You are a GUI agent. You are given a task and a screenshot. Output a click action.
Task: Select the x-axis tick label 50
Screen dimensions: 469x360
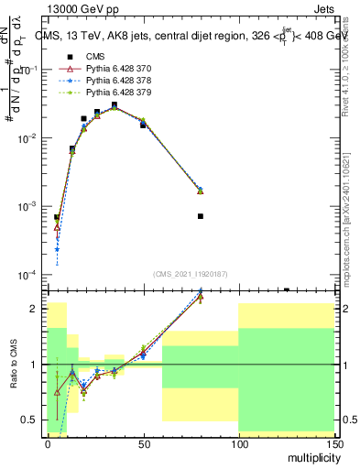[143, 442]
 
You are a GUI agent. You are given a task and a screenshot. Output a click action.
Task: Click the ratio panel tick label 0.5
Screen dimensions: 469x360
[33, 420]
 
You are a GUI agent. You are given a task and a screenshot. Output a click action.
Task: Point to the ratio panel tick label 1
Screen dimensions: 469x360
[37, 365]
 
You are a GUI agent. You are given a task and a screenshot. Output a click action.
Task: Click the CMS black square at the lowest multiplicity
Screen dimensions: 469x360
[57, 218]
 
